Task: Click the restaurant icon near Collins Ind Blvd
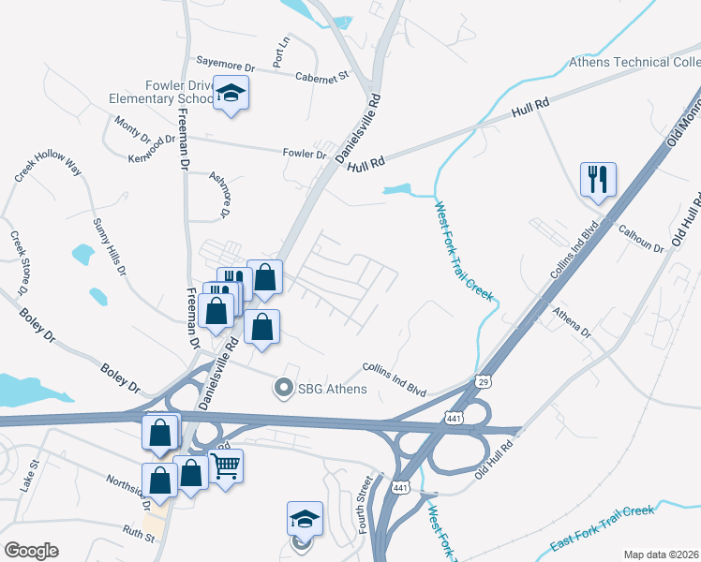597,178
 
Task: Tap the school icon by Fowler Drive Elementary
231,94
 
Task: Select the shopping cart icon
226,464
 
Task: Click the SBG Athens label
332,388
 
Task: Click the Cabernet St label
321,76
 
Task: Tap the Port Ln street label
281,52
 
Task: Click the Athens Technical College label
634,63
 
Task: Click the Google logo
31,551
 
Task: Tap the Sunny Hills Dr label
109,246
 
